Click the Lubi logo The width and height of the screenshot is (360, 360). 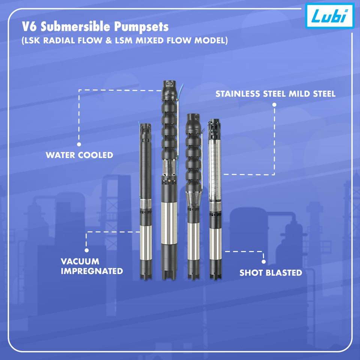[x=330, y=16]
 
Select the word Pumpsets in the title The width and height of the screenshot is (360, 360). [x=141, y=27]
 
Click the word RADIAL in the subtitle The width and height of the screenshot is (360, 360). [x=59, y=40]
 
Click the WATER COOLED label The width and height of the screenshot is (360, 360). [x=79, y=155]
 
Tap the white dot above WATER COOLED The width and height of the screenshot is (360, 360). [x=79, y=144]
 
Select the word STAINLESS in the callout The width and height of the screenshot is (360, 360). [x=237, y=94]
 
